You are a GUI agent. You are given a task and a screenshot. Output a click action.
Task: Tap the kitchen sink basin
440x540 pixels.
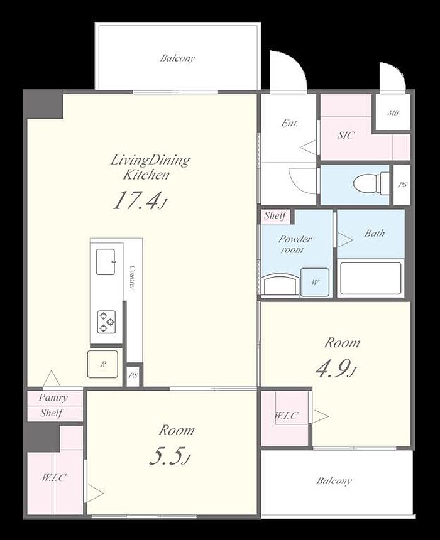pyautogui.click(x=106, y=262)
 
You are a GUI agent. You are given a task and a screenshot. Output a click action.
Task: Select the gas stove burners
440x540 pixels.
pyautogui.click(x=106, y=322)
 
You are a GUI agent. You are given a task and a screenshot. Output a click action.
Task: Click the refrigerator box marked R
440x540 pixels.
pyautogui.click(x=102, y=364)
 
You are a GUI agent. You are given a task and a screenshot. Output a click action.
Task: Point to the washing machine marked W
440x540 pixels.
pyautogui.click(x=315, y=283)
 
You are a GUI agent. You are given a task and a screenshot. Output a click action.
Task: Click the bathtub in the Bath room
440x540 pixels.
pyautogui.click(x=371, y=278)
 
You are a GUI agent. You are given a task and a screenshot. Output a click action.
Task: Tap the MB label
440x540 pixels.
pyautogui.click(x=393, y=112)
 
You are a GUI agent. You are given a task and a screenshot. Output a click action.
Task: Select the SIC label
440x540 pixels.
pyautogui.click(x=346, y=135)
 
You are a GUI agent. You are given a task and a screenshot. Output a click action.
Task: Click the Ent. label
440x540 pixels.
pyautogui.click(x=290, y=123)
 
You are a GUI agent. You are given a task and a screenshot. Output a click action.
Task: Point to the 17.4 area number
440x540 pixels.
pyautogui.click(x=137, y=201)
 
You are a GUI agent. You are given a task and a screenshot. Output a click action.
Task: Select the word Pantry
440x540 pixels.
pyautogui.click(x=53, y=397)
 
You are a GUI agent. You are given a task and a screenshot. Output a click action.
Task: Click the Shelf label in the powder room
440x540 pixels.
pyautogui.click(x=275, y=216)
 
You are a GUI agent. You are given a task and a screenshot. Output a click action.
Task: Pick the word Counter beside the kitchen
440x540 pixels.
pyautogui.click(x=132, y=278)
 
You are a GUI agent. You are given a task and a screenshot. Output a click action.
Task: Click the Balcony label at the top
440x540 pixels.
pyautogui.click(x=178, y=58)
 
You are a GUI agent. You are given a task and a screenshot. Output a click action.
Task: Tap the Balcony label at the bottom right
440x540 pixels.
pyautogui.click(x=334, y=481)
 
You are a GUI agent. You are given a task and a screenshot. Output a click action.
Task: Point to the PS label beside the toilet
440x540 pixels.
pyautogui.click(x=402, y=185)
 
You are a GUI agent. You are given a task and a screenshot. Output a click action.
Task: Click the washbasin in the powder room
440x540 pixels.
pyautogui.click(x=280, y=285)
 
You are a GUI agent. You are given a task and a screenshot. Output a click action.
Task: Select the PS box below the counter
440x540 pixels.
pyautogui.click(x=133, y=375)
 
